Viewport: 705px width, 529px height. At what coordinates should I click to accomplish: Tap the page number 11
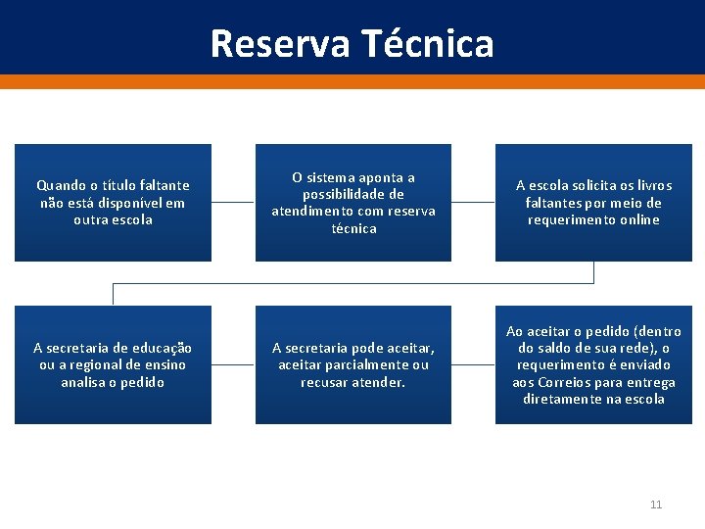(656, 505)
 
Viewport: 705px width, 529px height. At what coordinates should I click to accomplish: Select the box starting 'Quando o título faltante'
(113, 203)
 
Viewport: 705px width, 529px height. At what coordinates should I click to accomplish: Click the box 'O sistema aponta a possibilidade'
(353, 203)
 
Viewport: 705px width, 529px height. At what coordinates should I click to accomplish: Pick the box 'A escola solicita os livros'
(593, 203)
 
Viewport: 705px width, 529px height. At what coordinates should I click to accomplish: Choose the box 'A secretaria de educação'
(113, 364)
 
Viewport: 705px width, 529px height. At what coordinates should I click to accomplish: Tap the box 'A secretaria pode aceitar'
(353, 364)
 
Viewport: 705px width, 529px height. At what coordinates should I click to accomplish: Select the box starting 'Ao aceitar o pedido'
(593, 364)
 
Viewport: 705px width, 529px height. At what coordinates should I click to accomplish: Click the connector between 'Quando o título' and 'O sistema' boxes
(233, 203)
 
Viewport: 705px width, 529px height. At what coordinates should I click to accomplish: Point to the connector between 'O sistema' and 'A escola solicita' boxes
(473, 203)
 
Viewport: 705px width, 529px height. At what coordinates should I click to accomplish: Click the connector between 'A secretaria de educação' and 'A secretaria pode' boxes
(233, 364)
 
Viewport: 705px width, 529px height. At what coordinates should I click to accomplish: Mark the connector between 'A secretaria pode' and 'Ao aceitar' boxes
(473, 364)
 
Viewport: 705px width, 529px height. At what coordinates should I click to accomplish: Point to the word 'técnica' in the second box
(353, 228)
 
